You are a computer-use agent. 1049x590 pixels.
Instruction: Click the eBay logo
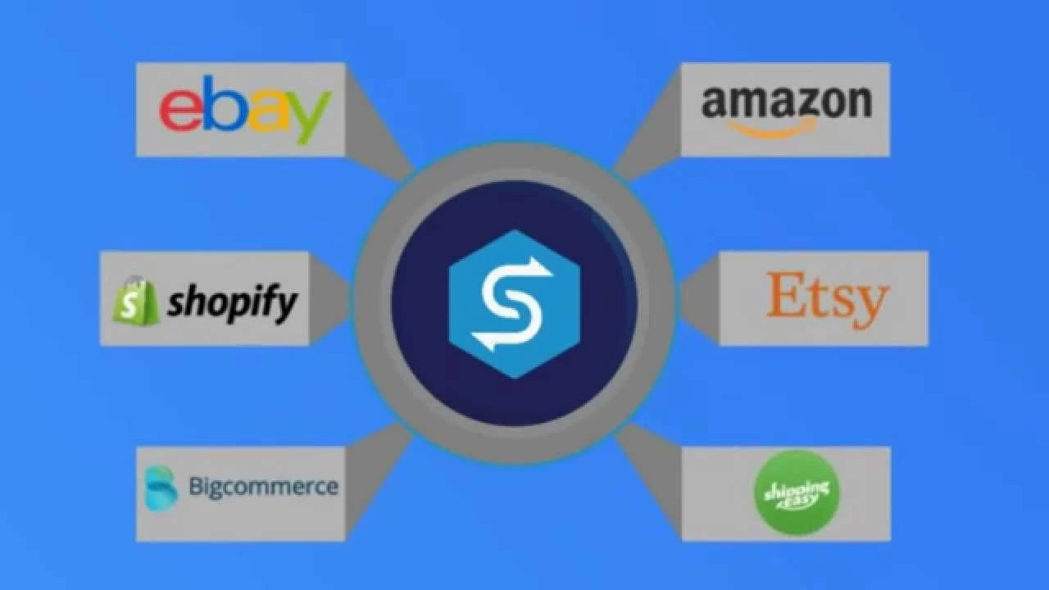point(245,109)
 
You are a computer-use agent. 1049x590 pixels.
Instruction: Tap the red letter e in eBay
point(178,111)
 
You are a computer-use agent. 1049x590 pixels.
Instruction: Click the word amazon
point(786,102)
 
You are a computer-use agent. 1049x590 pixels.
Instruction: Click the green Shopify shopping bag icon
point(135,301)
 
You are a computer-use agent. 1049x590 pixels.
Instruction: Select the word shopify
point(232,304)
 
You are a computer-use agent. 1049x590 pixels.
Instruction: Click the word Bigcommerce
point(263,487)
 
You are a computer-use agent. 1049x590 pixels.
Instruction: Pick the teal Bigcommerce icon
point(161,488)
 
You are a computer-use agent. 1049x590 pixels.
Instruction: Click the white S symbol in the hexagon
point(514,303)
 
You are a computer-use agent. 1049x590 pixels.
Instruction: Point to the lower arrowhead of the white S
point(487,338)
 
